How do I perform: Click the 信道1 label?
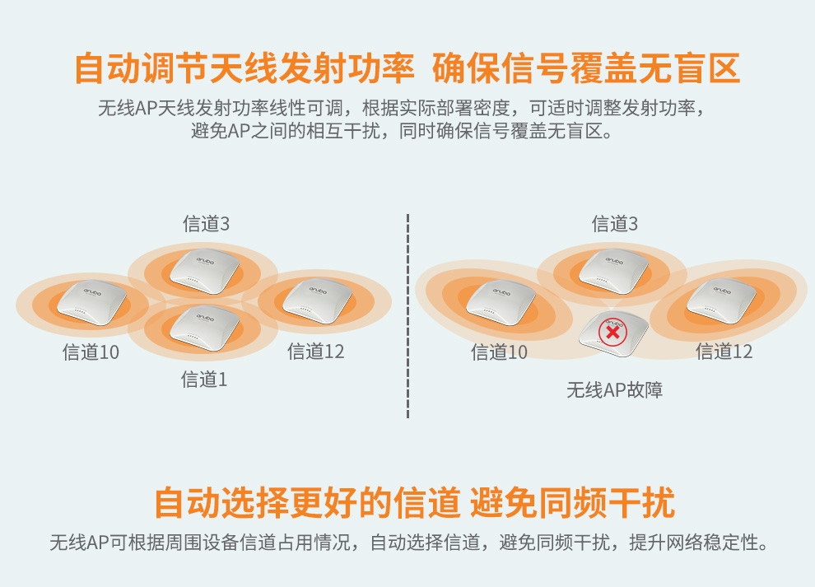[x=204, y=380]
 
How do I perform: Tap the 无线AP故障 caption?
[x=614, y=390]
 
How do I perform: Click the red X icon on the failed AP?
[x=612, y=333]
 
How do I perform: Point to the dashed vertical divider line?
[x=408, y=315]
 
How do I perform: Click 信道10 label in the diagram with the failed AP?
[x=499, y=352]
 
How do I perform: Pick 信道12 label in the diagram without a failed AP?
[x=315, y=352]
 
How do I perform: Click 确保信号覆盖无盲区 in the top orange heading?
[x=586, y=68]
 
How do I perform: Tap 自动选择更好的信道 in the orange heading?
[x=308, y=502]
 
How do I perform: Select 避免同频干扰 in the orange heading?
[x=572, y=502]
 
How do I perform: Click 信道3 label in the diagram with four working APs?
[x=206, y=224]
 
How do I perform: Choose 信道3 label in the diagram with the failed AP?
[x=614, y=224]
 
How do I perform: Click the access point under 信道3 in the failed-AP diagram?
[x=613, y=271]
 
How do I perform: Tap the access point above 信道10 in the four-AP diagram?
[x=91, y=302]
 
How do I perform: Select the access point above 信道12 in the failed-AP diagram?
[x=721, y=301]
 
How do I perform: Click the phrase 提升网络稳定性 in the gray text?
[x=694, y=543]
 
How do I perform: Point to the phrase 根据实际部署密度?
[x=435, y=108]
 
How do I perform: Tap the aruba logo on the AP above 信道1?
[x=205, y=317]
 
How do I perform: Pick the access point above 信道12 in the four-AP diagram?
[x=318, y=301]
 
